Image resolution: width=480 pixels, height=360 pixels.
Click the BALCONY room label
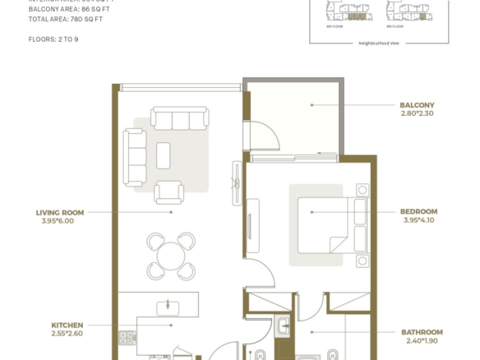(417, 105)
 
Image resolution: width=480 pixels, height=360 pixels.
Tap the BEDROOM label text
(418, 211)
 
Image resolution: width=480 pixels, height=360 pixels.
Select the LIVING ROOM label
(61, 211)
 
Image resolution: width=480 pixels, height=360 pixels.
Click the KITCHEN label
(67, 325)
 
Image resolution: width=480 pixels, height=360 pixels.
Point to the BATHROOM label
(422, 332)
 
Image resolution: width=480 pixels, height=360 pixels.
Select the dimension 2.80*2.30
(417, 114)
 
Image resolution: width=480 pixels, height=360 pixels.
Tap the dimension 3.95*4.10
(418, 220)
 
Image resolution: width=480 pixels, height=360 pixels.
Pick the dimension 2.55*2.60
(67, 334)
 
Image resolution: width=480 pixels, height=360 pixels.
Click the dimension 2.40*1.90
(422, 341)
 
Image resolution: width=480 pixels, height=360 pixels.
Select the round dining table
(171, 256)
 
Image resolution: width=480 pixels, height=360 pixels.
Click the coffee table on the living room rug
(163, 155)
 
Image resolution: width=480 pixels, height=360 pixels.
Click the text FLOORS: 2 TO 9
(54, 39)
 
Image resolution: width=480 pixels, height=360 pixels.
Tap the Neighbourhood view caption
(379, 43)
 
